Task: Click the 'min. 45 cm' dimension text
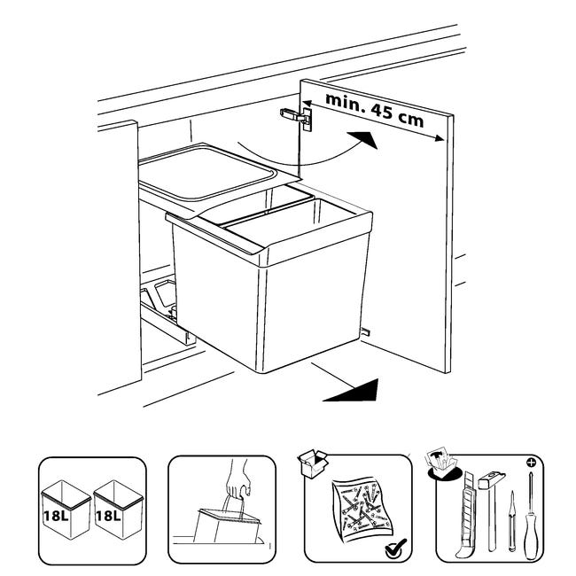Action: pos(374,110)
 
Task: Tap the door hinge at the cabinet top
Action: pos(297,118)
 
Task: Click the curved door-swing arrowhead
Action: pos(363,140)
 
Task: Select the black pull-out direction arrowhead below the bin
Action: pos(351,390)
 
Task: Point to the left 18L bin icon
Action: pos(66,510)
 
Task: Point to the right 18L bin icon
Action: pos(118,510)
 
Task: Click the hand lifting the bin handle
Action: pos(237,479)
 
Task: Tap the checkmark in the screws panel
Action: pos(395,549)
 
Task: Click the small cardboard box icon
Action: pos(313,463)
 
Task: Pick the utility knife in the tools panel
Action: pos(465,514)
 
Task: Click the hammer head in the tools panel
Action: pos(492,479)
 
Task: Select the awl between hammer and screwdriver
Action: pos(511,522)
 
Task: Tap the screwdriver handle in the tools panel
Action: pos(530,537)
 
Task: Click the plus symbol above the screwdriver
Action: pos(531,462)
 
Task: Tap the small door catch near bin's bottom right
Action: pos(365,331)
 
